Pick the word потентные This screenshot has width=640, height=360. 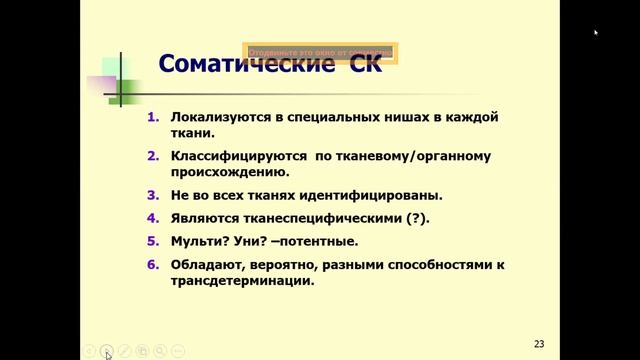tap(322, 242)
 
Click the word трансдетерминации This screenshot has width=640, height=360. tap(236, 281)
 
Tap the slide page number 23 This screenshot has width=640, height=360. tap(539, 343)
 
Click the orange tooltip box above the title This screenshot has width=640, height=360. tap(320, 52)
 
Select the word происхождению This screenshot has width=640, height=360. tap(222, 172)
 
